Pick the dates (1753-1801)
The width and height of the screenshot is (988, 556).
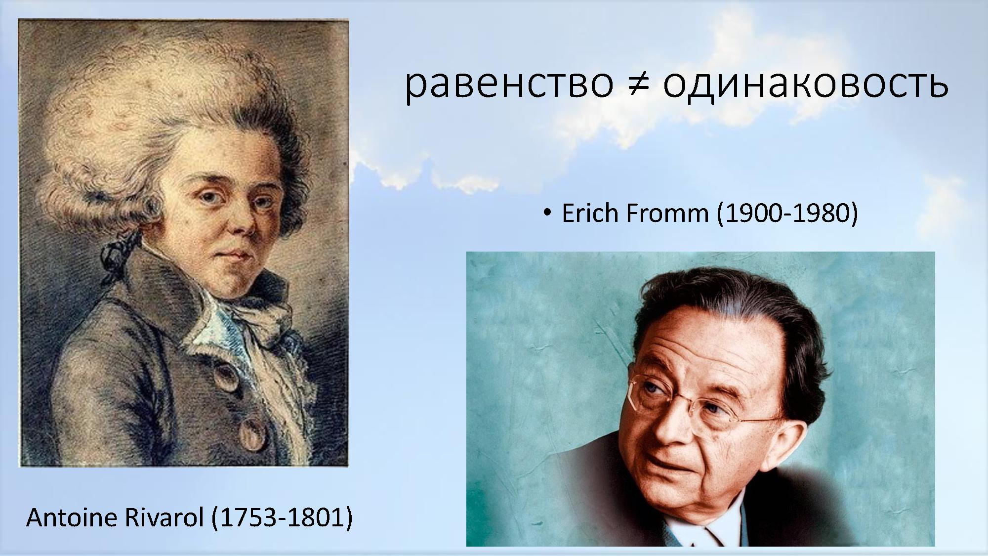pos(282,517)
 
